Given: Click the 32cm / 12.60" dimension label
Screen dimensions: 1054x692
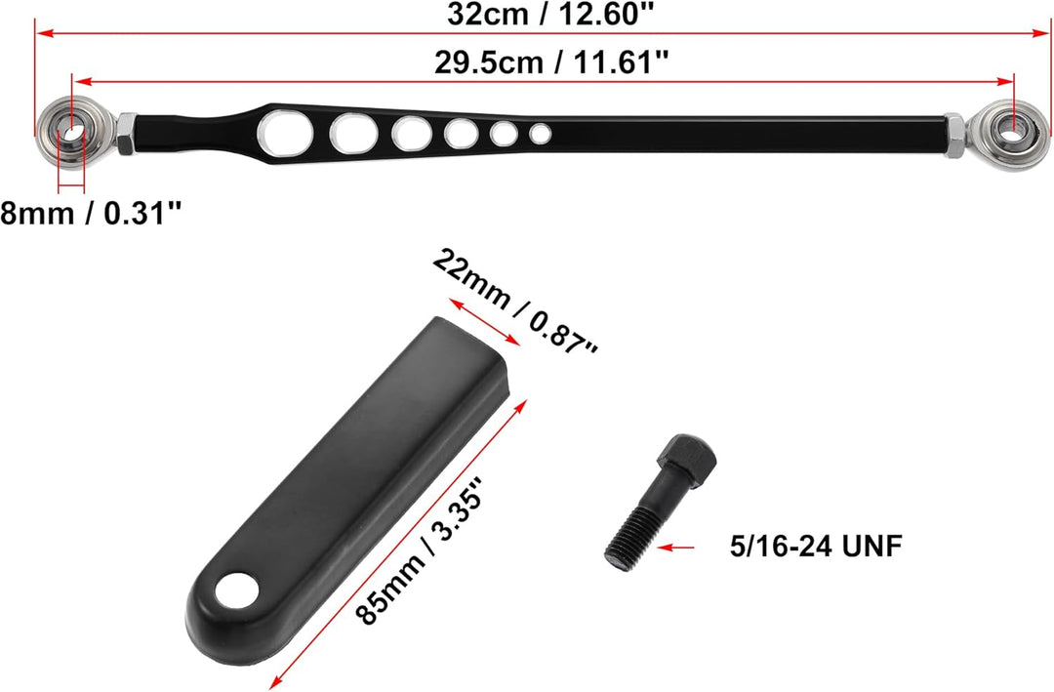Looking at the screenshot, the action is (x=550, y=14).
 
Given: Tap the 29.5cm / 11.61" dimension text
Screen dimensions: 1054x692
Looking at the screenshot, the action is (x=551, y=62).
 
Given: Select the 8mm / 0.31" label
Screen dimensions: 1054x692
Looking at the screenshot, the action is (x=92, y=214).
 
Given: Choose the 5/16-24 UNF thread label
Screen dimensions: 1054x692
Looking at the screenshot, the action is (x=815, y=546).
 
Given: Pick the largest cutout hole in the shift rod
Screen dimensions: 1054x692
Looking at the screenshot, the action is (x=288, y=132).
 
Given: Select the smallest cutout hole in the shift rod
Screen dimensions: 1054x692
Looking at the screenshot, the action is (x=540, y=133).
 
